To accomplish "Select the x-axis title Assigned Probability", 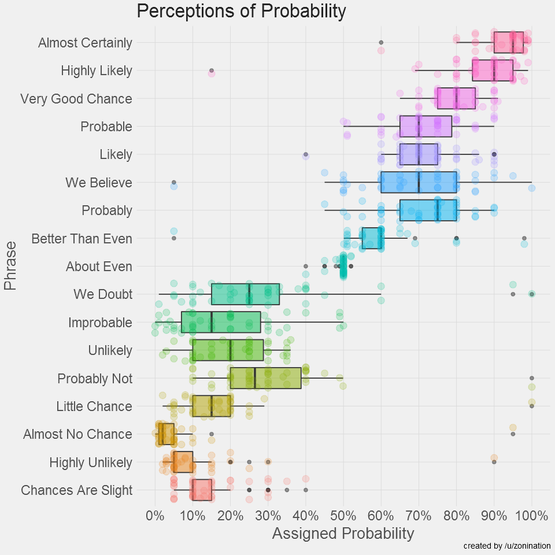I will tap(343, 533).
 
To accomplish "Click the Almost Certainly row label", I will tap(85, 43).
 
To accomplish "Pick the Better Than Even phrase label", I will tap(82, 239).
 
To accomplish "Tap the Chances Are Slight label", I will tap(76, 491).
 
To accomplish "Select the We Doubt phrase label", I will tap(103, 294).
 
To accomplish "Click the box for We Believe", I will tap(419, 183).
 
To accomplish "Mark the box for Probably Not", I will tap(265, 378).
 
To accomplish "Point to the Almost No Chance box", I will tap(166, 434).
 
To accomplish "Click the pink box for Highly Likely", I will tap(493, 71).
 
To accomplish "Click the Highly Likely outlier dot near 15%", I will tap(212, 71).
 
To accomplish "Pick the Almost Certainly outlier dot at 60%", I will tap(381, 43).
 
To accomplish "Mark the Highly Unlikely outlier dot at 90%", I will tap(494, 462).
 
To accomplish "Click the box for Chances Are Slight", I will tap(202, 490).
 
